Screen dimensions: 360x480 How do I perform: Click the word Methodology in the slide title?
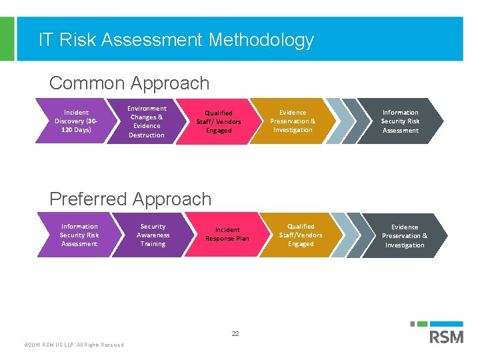pos(261,40)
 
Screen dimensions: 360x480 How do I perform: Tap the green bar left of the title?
pos(6,39)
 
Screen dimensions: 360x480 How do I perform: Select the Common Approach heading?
pos(129,83)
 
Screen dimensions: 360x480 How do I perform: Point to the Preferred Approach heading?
pos(130,199)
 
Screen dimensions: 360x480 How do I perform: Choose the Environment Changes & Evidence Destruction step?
pos(146,121)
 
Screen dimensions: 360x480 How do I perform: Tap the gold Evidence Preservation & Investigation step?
pos(293,121)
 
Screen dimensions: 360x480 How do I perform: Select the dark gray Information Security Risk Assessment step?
pos(400,121)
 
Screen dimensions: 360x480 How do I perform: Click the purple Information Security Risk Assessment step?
pos(79,235)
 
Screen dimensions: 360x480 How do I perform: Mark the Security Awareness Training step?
pos(153,235)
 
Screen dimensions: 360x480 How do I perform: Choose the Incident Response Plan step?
pos(227,235)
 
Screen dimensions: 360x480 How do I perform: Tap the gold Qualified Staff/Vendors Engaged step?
pos(300,235)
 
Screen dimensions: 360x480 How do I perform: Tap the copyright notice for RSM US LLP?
pos(74,345)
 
